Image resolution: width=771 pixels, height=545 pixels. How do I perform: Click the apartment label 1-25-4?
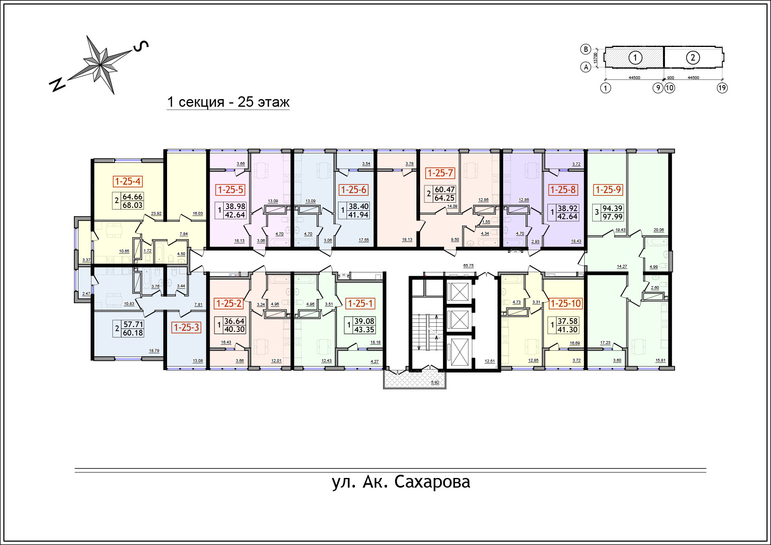click(x=128, y=181)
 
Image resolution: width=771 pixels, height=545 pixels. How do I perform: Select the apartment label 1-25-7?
click(x=440, y=173)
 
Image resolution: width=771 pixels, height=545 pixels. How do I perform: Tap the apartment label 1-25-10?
click(x=565, y=303)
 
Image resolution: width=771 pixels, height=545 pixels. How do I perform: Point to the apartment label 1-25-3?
click(x=186, y=327)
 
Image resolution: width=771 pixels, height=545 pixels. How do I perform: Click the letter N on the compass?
click(x=57, y=85)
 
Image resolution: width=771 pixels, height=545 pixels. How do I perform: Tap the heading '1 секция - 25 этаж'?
click(x=228, y=102)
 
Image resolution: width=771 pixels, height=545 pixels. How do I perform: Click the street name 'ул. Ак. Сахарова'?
click(x=401, y=482)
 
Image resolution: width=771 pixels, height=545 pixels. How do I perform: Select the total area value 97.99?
click(x=612, y=217)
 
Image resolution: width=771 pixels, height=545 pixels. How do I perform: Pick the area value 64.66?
click(x=133, y=197)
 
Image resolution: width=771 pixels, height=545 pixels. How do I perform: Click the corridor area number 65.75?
click(x=468, y=266)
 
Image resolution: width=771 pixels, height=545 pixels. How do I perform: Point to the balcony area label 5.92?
click(x=435, y=382)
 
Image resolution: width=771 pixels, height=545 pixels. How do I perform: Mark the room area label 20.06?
click(x=659, y=230)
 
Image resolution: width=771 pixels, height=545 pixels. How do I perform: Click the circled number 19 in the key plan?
click(x=722, y=88)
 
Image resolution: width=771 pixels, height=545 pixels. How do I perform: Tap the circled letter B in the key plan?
click(x=586, y=49)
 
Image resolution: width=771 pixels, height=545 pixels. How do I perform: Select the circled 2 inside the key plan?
click(x=693, y=58)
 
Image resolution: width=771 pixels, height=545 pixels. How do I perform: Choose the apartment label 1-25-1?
click(x=360, y=303)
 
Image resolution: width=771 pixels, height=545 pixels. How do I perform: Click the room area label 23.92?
click(x=156, y=214)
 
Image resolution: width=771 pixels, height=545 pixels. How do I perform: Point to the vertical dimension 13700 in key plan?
click(x=596, y=57)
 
